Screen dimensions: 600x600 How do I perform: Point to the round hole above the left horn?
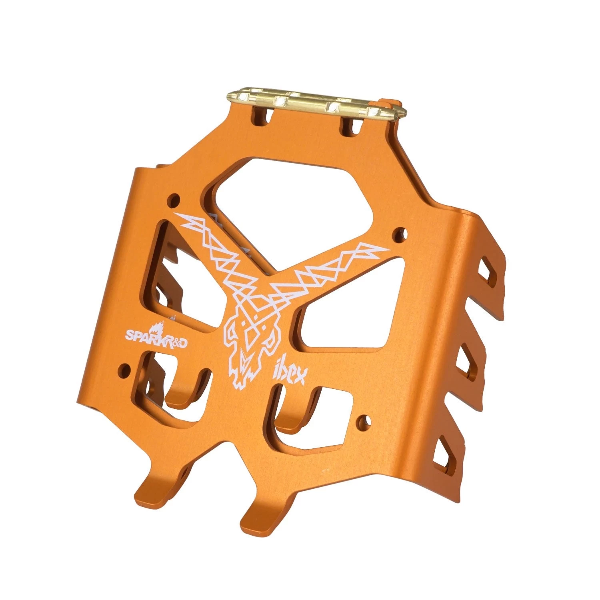tap(174, 198)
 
